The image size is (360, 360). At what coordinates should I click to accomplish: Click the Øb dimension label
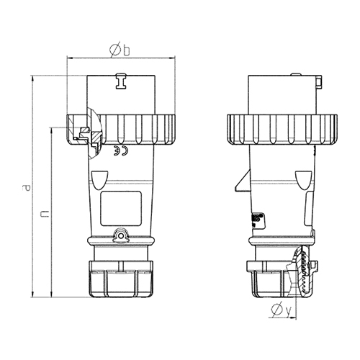(x=120, y=50)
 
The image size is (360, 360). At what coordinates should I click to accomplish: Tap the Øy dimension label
(x=281, y=310)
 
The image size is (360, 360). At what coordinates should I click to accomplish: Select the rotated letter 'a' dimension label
(x=26, y=188)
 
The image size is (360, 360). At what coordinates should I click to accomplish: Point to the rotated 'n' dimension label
(x=45, y=214)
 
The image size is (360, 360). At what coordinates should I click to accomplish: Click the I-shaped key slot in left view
(x=121, y=81)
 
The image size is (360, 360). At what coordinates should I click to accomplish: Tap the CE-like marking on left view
(x=121, y=150)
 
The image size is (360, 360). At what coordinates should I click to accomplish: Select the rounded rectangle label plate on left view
(x=121, y=208)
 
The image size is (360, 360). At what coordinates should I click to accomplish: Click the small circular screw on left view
(x=121, y=236)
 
